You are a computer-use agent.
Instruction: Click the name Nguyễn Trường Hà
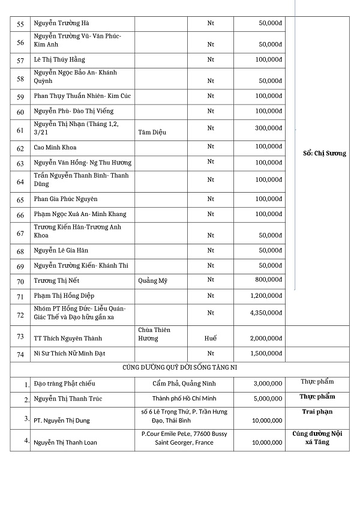(62, 23)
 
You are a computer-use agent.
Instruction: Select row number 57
(20, 60)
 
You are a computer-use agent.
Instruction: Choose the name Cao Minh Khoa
(56, 148)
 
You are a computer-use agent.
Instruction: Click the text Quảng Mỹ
(153, 281)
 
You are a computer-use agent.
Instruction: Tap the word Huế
(210, 339)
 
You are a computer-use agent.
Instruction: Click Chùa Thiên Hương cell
(154, 334)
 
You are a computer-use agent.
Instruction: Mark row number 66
(20, 215)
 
